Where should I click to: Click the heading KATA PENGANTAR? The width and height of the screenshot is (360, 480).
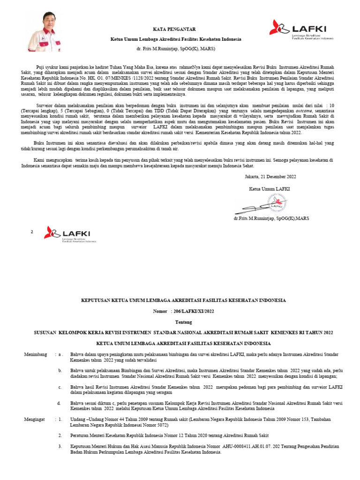175,29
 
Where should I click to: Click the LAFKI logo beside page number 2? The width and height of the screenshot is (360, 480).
70,234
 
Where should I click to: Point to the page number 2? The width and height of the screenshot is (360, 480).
32,232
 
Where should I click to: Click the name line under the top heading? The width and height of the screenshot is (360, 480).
175,49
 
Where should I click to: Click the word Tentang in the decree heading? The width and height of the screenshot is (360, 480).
183,322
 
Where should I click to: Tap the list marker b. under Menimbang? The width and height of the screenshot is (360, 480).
60,370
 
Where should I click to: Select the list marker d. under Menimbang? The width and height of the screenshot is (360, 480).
60,403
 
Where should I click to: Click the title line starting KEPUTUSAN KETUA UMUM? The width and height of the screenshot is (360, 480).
183,300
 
